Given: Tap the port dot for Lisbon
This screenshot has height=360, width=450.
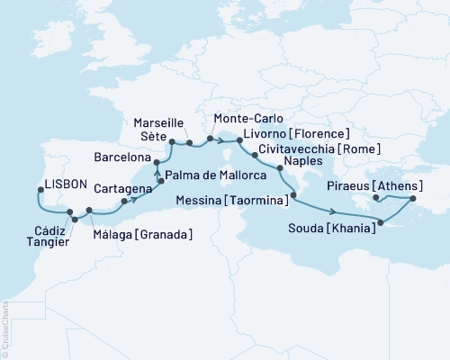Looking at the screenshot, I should pos(41,190).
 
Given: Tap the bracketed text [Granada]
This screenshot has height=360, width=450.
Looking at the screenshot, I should pos(166,235).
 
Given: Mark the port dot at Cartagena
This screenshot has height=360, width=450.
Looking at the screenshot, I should pos(123,201).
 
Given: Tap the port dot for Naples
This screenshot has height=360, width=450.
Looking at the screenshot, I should pos(278,166).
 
